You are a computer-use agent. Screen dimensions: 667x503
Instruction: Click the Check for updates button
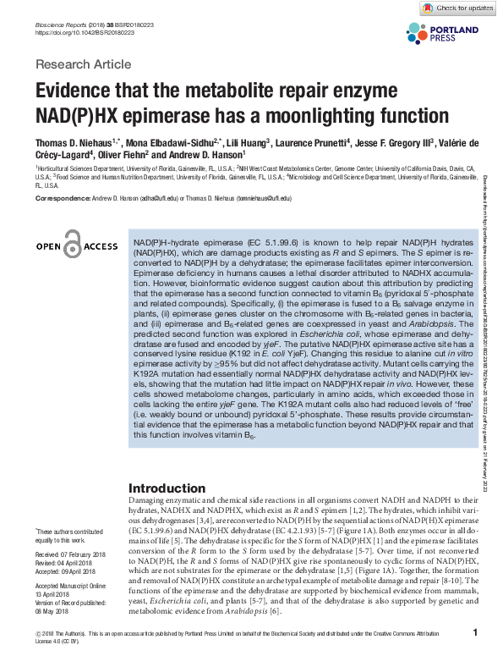click(x=457, y=8)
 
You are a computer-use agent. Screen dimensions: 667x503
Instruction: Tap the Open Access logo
click(x=76, y=245)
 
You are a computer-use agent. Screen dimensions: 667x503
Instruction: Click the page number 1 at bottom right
click(x=476, y=632)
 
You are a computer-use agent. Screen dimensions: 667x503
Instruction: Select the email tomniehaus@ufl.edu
click(x=263, y=198)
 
